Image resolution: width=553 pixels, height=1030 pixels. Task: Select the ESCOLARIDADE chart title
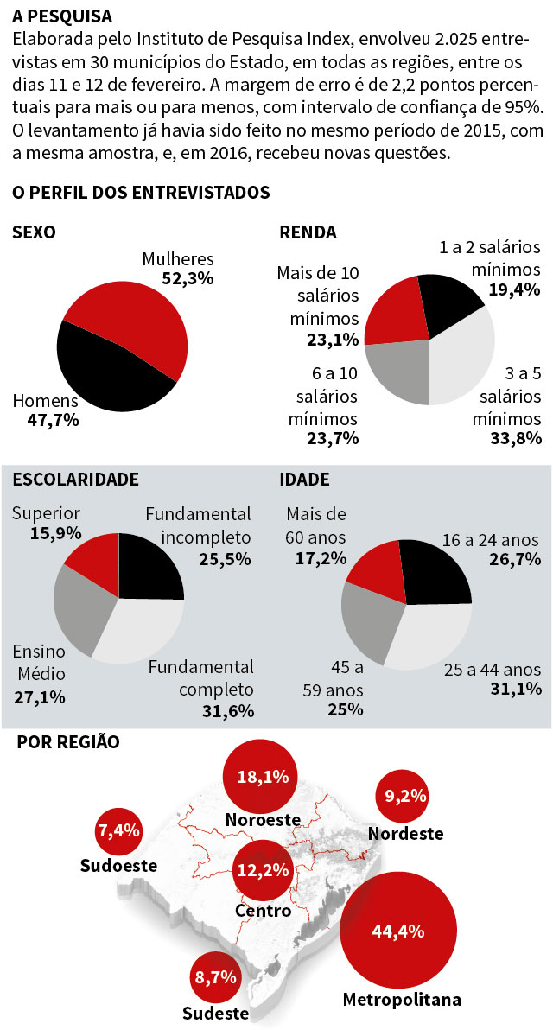[x=75, y=479]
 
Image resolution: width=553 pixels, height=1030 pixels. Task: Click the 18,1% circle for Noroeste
[x=262, y=776]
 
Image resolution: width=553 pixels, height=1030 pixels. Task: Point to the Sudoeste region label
[x=118, y=865]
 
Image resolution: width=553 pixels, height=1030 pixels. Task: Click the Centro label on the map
[x=262, y=911]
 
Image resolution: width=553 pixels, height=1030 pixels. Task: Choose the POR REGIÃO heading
[x=68, y=741]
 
